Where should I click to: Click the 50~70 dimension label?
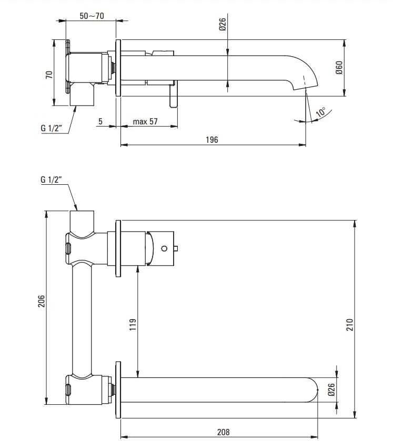click(92, 16)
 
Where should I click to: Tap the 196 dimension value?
click(211, 140)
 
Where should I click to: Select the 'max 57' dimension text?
click(145, 121)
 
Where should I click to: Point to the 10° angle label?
click(321, 112)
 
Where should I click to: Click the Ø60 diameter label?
click(339, 68)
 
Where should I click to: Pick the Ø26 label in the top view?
click(223, 24)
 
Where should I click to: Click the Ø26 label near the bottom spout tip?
click(331, 390)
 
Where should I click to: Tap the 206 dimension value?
click(42, 301)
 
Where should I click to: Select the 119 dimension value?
click(133, 324)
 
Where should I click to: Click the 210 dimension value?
click(349, 324)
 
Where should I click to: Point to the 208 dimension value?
click(223, 432)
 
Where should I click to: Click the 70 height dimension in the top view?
click(49, 75)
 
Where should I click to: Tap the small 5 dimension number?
click(100, 121)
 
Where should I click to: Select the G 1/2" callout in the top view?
click(51, 128)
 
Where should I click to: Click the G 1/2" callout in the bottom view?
click(51, 180)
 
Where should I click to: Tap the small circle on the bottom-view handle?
click(164, 248)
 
